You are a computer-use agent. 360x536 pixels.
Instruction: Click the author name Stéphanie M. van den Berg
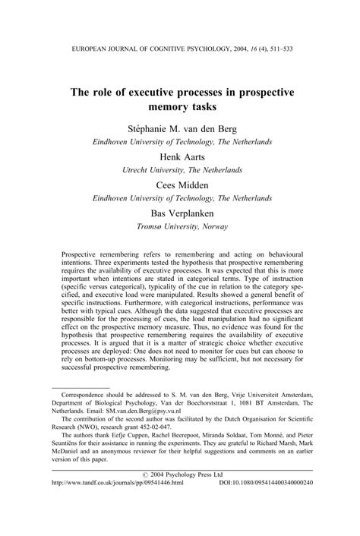pyautogui.click(x=180, y=128)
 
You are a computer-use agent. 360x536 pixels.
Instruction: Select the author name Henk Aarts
pyautogui.click(x=180, y=156)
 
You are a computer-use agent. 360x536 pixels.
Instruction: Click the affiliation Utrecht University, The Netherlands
pyautogui.click(x=180, y=171)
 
